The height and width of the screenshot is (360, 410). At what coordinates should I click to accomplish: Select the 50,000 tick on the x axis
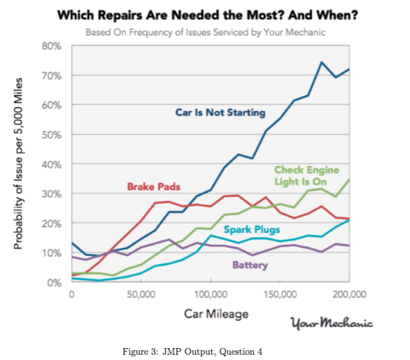coord(141,294)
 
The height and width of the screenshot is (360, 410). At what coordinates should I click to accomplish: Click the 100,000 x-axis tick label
coord(210,294)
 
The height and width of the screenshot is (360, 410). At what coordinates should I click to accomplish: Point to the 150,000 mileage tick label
coord(280,294)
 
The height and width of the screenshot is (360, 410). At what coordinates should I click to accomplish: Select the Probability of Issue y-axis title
coord(20,163)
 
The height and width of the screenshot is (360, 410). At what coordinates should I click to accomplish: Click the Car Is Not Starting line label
coord(220,113)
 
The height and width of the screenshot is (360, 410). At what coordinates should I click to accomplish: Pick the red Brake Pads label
coord(153,187)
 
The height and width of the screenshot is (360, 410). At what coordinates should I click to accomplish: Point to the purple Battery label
coord(251,265)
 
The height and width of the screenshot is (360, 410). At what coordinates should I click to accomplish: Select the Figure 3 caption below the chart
coord(192,351)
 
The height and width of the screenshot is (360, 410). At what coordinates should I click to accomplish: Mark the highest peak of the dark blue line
coord(322,62)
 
